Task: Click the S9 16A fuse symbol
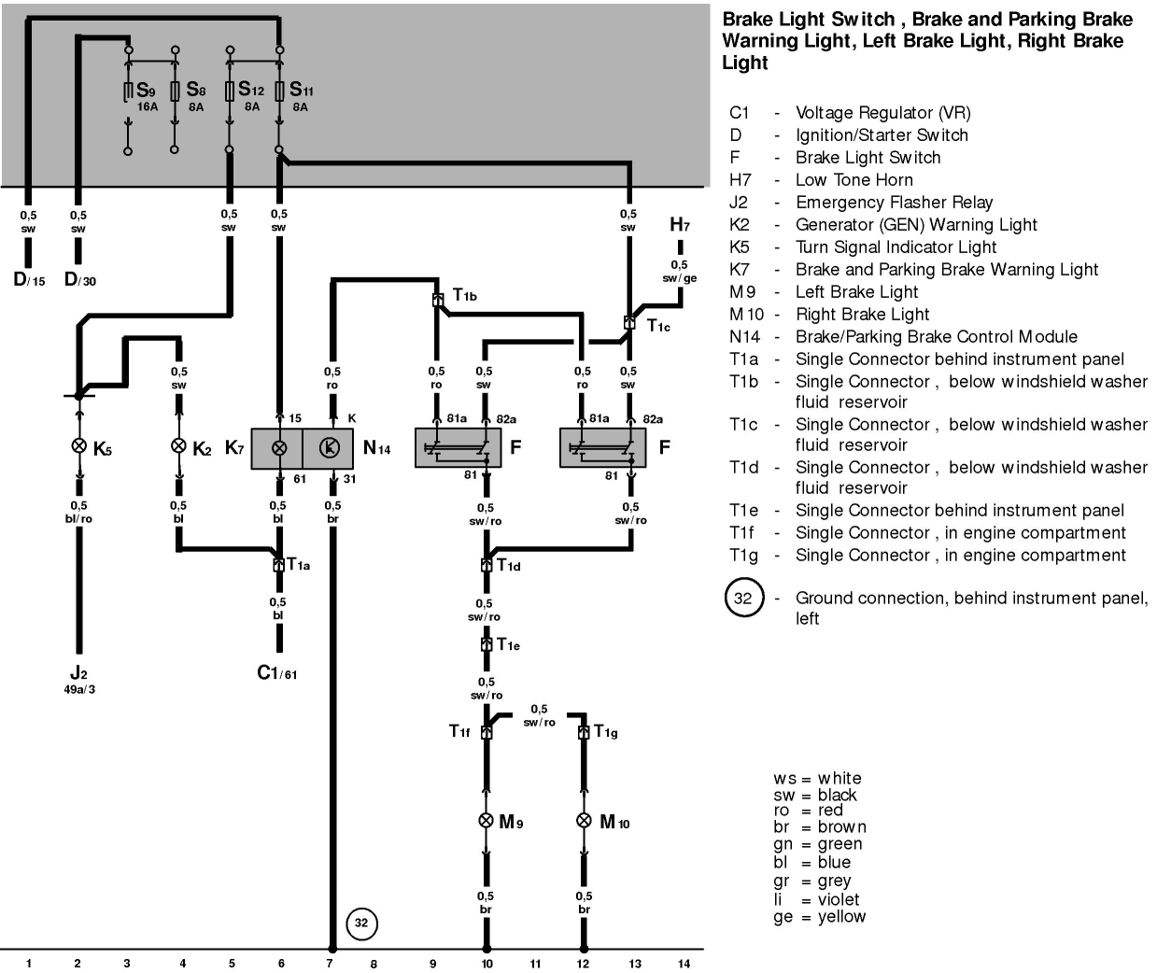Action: click(x=127, y=92)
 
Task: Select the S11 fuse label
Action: click(x=302, y=90)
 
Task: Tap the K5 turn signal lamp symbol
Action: click(x=79, y=445)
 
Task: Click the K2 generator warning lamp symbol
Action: click(x=178, y=445)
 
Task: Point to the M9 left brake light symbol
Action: click(x=486, y=821)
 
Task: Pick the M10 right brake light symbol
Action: click(x=584, y=821)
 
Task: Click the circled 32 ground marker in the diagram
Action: click(x=361, y=924)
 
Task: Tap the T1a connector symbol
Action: click(x=278, y=565)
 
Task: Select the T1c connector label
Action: click(x=658, y=326)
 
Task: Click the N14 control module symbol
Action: click(x=328, y=448)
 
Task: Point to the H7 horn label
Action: click(x=679, y=224)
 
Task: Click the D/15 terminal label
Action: click(x=29, y=279)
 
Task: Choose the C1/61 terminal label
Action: click(x=277, y=672)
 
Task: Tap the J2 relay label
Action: click(x=78, y=672)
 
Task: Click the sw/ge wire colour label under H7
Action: click(x=679, y=278)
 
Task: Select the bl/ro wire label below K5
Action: click(x=78, y=518)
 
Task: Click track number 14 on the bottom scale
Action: click(x=684, y=964)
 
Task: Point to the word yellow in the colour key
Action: click(x=841, y=917)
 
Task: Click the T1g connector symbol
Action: click(x=584, y=732)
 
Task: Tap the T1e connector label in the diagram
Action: click(x=508, y=644)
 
